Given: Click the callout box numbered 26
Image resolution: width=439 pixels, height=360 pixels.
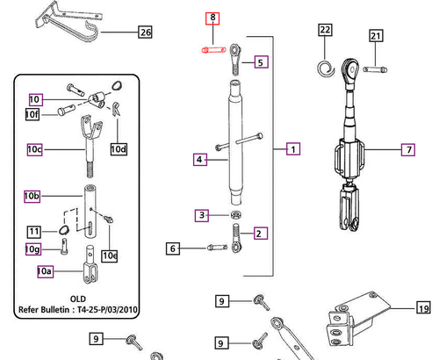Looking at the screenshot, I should [x=145, y=33].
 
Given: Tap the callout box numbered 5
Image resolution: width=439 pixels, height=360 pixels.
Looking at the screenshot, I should [x=260, y=62].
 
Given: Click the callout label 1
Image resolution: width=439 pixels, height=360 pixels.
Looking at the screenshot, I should [x=291, y=150].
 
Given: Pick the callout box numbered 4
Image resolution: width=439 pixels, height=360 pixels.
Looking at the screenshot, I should [x=200, y=160].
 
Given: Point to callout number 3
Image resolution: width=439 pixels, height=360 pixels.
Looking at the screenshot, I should [x=201, y=214].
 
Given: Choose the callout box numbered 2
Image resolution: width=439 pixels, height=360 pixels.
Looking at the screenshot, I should [x=260, y=233].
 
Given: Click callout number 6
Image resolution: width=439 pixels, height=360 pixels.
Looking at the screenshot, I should [x=174, y=249].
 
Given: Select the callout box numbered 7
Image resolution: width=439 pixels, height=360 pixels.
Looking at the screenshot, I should [x=408, y=150].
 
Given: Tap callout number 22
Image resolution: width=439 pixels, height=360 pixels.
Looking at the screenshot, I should [x=325, y=30].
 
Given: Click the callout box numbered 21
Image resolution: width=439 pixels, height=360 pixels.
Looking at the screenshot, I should [x=376, y=36].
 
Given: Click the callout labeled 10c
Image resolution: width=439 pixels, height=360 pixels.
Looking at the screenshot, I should [x=34, y=150].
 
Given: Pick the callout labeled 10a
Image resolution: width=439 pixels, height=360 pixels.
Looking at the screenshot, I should [x=45, y=272].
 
